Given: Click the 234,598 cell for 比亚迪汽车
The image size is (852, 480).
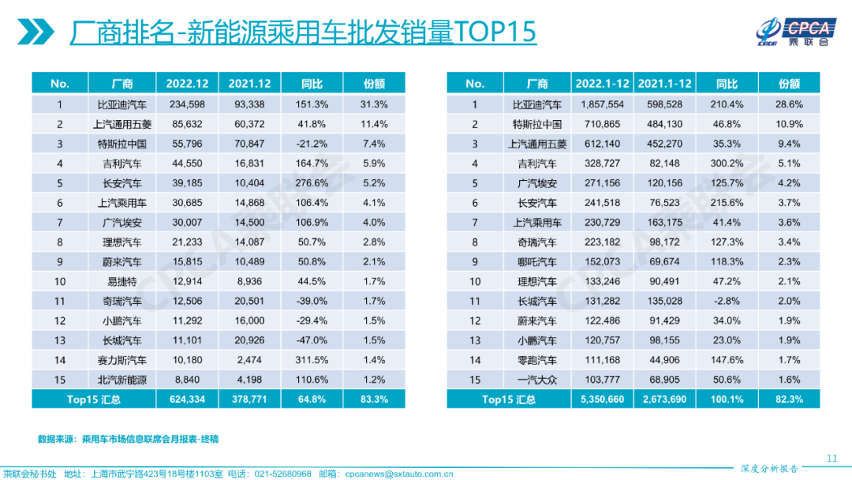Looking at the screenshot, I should [187, 104].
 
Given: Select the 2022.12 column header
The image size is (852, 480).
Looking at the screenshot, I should [187, 84].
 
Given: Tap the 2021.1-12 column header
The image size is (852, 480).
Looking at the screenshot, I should [664, 84].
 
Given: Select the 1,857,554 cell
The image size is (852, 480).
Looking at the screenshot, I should [602, 104].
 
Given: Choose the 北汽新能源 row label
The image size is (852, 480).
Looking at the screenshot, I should [122, 380].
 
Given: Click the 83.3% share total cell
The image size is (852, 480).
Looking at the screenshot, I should [375, 399].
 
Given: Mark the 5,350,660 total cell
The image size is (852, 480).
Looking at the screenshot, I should [602, 399].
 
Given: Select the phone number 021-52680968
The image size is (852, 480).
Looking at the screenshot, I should [282, 474].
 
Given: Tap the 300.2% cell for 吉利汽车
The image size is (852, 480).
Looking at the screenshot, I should [726, 163].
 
